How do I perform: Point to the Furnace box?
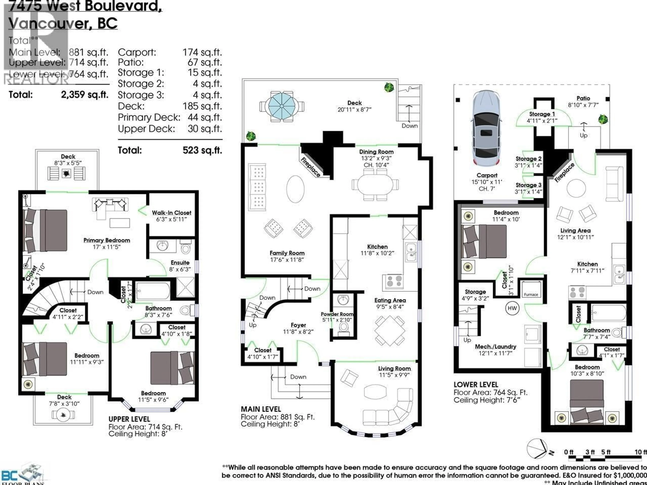(531, 289)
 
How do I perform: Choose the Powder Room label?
(337, 314)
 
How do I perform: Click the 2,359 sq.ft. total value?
(85, 95)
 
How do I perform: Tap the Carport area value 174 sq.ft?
(202, 53)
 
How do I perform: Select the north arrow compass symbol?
(538, 449)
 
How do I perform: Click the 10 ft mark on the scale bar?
(640, 452)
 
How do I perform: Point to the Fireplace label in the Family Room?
(311, 167)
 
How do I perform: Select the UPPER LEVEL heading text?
(129, 419)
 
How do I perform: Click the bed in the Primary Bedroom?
(45, 231)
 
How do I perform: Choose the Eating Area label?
(390, 300)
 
